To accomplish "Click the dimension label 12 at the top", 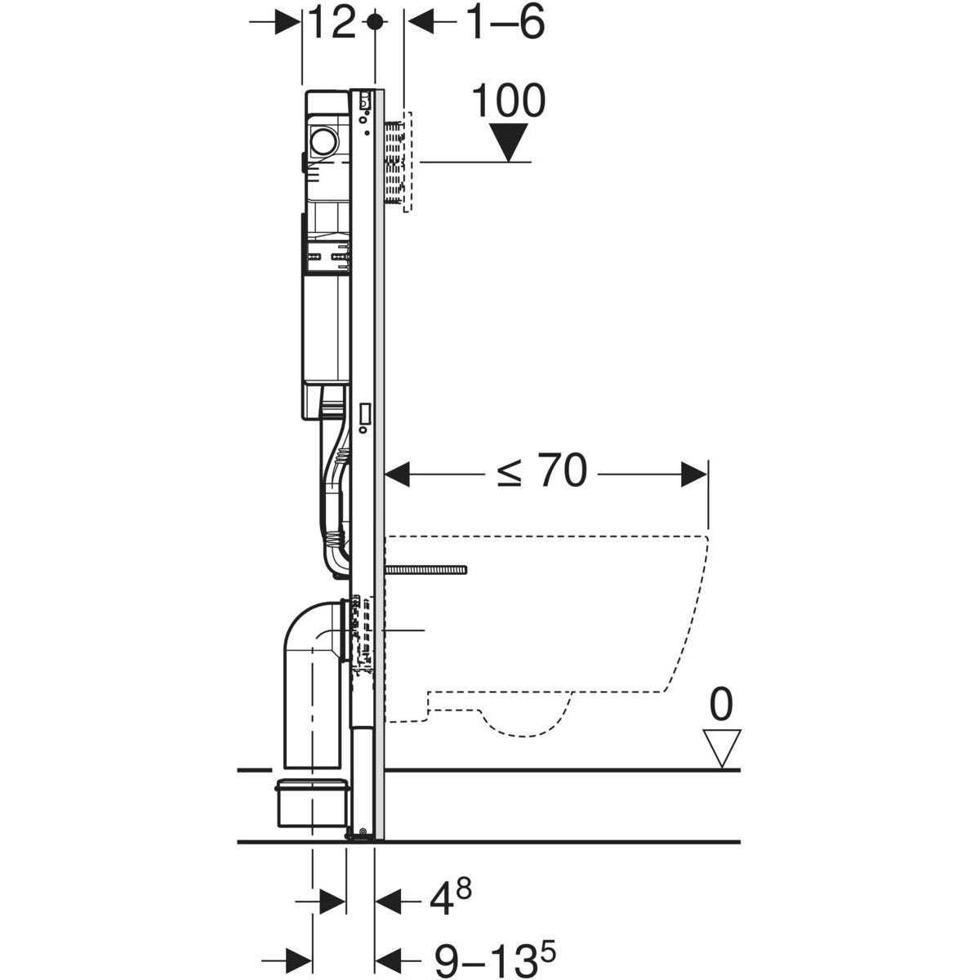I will [x=331, y=24].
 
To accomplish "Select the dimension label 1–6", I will [x=505, y=24].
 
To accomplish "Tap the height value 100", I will [x=508, y=103].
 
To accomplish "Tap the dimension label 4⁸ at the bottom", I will [x=450, y=901].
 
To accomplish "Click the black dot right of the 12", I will [x=375, y=23].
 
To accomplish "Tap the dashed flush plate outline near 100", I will [x=409, y=162].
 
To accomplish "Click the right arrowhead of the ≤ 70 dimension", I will [x=694, y=473].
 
